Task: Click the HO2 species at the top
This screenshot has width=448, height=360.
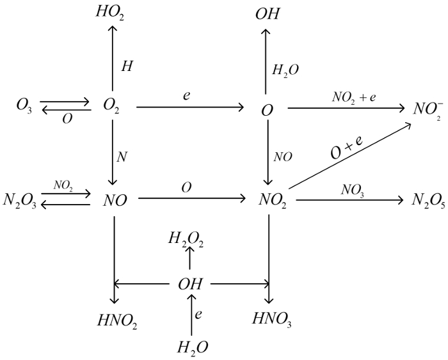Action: point(113,12)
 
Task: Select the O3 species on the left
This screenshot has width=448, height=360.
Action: point(26,106)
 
